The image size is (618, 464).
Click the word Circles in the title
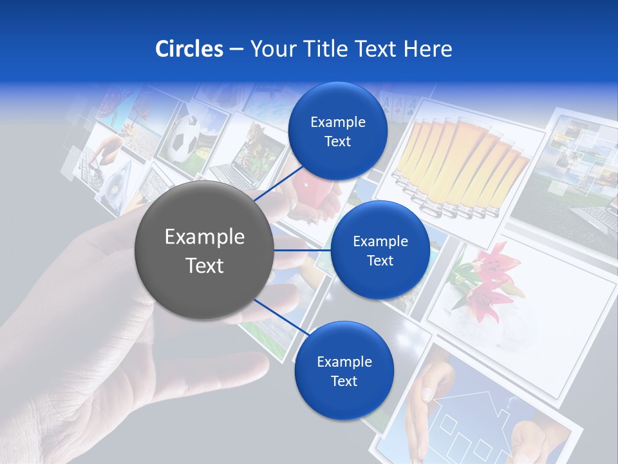click(189, 49)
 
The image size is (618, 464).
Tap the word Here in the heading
click(427, 49)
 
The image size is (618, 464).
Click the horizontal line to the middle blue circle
click(303, 250)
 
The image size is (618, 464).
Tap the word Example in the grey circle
click(204, 237)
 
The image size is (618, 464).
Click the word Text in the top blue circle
click(337, 142)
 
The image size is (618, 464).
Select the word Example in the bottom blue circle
click(344, 362)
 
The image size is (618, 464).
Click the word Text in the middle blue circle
click(380, 261)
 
